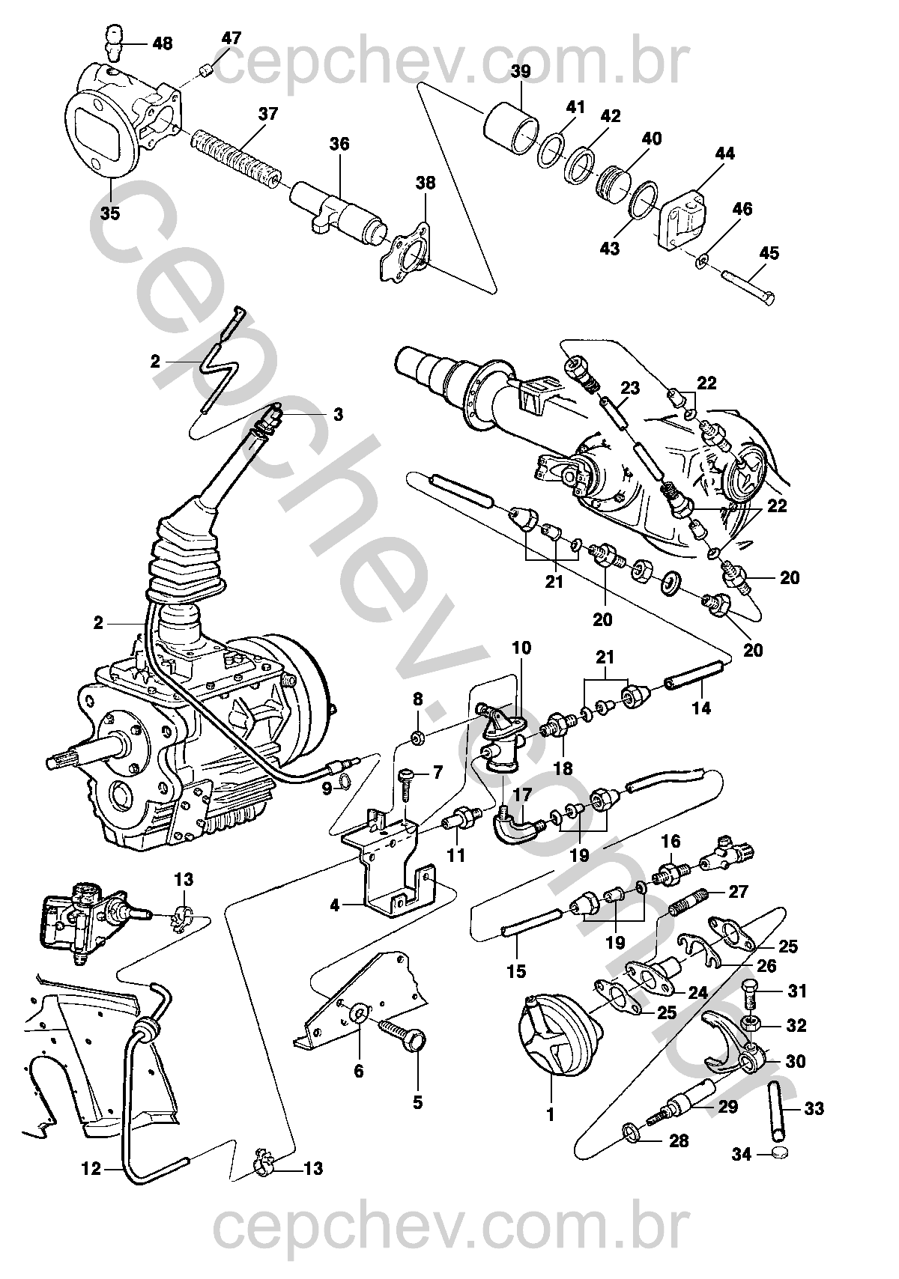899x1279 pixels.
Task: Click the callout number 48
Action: pyautogui.click(x=162, y=43)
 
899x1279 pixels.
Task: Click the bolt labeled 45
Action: pyautogui.click(x=749, y=288)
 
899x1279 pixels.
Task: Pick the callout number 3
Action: pyautogui.click(x=338, y=414)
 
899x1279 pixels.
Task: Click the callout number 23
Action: pyautogui.click(x=630, y=388)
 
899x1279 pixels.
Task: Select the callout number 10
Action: pyautogui.click(x=521, y=647)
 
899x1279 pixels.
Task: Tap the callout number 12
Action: pyautogui.click(x=91, y=1168)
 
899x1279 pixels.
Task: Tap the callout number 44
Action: pyautogui.click(x=724, y=154)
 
